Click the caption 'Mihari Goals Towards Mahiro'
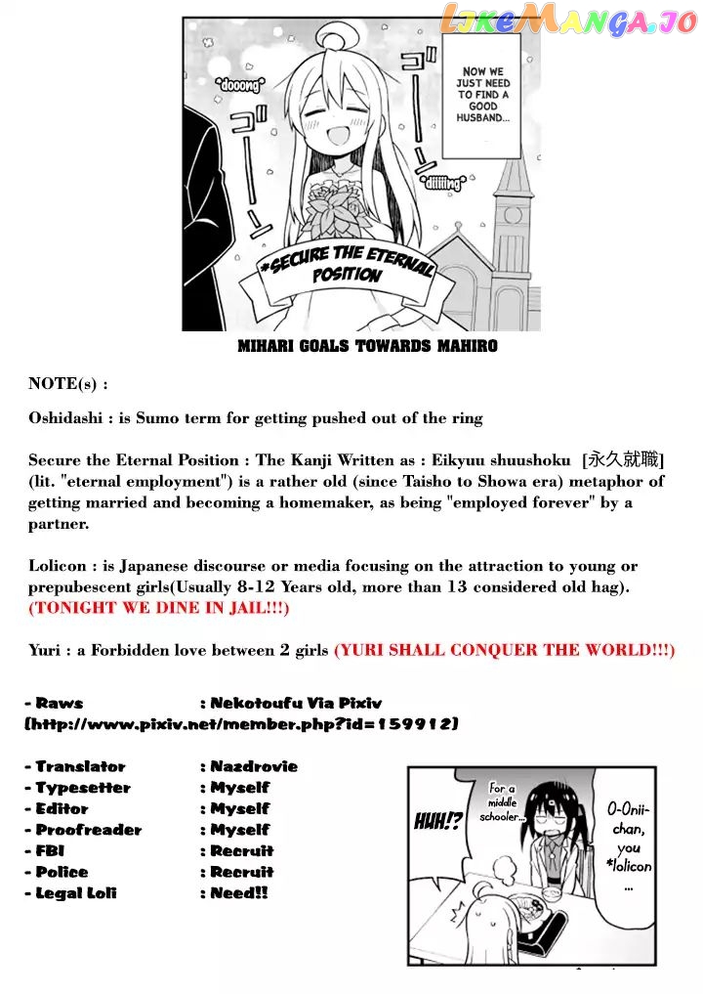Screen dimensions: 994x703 tap(367, 346)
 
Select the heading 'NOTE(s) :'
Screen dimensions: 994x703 tap(67, 384)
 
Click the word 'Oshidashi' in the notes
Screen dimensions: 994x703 tap(65, 418)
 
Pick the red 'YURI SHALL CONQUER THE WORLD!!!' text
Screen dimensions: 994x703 tap(504, 650)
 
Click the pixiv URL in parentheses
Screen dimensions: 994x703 tap(241, 724)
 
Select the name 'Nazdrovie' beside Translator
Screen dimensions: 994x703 tap(254, 766)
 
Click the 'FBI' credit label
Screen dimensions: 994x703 tap(50, 850)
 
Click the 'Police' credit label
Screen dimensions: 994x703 tap(62, 872)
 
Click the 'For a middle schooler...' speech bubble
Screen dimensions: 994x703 tap(508, 801)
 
